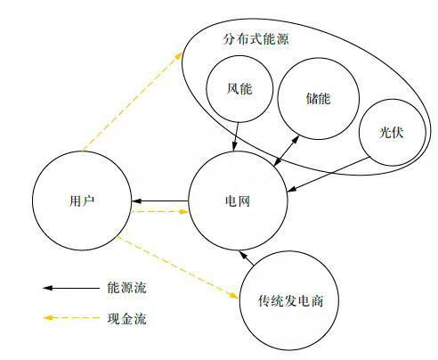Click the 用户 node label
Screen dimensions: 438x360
pyautogui.click(x=82, y=201)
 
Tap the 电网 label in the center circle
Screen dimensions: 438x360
pyautogui.click(x=238, y=201)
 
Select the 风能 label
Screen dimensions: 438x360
pyautogui.click(x=239, y=88)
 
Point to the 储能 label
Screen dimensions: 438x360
pyautogui.click(x=318, y=98)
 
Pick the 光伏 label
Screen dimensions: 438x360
pyautogui.click(x=392, y=132)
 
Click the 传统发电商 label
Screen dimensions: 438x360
pyautogui.click(x=290, y=301)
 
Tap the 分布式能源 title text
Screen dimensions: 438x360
pyautogui.click(x=255, y=39)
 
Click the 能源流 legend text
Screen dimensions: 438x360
pyautogui.click(x=127, y=288)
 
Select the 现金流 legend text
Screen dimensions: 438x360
pyautogui.click(x=127, y=318)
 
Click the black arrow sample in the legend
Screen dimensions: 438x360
pyautogui.click(x=71, y=288)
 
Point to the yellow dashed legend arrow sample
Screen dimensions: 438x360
pyautogui.click(x=71, y=318)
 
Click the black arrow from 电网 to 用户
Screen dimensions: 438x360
pyautogui.click(x=160, y=201)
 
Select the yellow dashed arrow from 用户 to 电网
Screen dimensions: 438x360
pyautogui.click(x=159, y=211)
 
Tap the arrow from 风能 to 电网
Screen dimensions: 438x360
pyautogui.click(x=236, y=136)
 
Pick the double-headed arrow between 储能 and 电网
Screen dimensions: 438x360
pyautogui.click(x=287, y=151)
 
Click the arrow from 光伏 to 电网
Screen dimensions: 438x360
pyautogui.click(x=329, y=175)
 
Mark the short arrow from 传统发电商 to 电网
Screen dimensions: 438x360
pyautogui.click(x=247, y=258)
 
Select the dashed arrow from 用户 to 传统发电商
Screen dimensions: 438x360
pyautogui.click(x=178, y=267)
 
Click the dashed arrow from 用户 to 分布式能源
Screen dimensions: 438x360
pyautogui.click(x=133, y=102)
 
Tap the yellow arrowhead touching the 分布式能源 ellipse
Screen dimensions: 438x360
pyautogui.click(x=179, y=55)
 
